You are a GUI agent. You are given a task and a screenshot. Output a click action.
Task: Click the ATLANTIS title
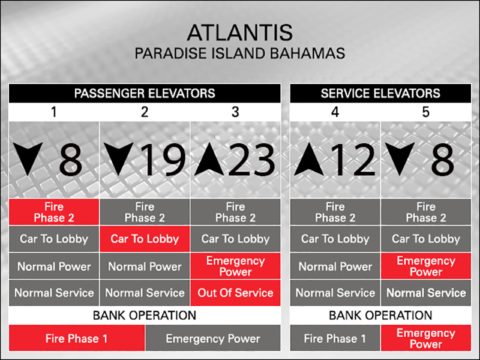tap(239, 32)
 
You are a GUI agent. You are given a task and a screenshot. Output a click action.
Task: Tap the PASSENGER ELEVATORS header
tap(145, 94)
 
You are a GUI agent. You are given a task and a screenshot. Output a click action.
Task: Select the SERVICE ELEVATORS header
tap(380, 94)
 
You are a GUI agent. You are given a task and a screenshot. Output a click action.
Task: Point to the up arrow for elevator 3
tap(209, 159)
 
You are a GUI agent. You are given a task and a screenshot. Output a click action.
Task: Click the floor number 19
tap(164, 160)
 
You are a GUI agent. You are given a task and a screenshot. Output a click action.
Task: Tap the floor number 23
tap(251, 160)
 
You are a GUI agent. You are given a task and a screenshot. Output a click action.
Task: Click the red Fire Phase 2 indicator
tap(54, 212)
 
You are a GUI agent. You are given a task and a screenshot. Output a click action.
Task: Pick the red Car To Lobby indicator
tap(145, 239)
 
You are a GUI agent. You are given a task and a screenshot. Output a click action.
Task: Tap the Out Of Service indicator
tap(235, 293)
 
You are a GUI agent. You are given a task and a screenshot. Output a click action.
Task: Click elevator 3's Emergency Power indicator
tap(235, 266)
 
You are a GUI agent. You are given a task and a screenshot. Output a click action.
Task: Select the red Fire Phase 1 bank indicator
tap(77, 338)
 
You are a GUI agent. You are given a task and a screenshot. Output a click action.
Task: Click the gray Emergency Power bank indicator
tap(213, 338)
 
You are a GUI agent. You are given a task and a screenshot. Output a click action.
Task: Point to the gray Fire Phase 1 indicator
tap(335, 338)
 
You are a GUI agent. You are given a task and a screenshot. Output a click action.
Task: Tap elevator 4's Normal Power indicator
tap(335, 266)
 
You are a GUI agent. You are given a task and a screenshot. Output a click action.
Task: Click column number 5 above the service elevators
tap(426, 112)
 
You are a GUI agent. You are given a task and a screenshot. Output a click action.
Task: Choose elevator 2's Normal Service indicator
tap(145, 293)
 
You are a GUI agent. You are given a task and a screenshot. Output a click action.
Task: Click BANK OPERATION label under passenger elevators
tap(145, 316)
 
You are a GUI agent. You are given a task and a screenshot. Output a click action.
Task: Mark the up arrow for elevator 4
tap(309, 159)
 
